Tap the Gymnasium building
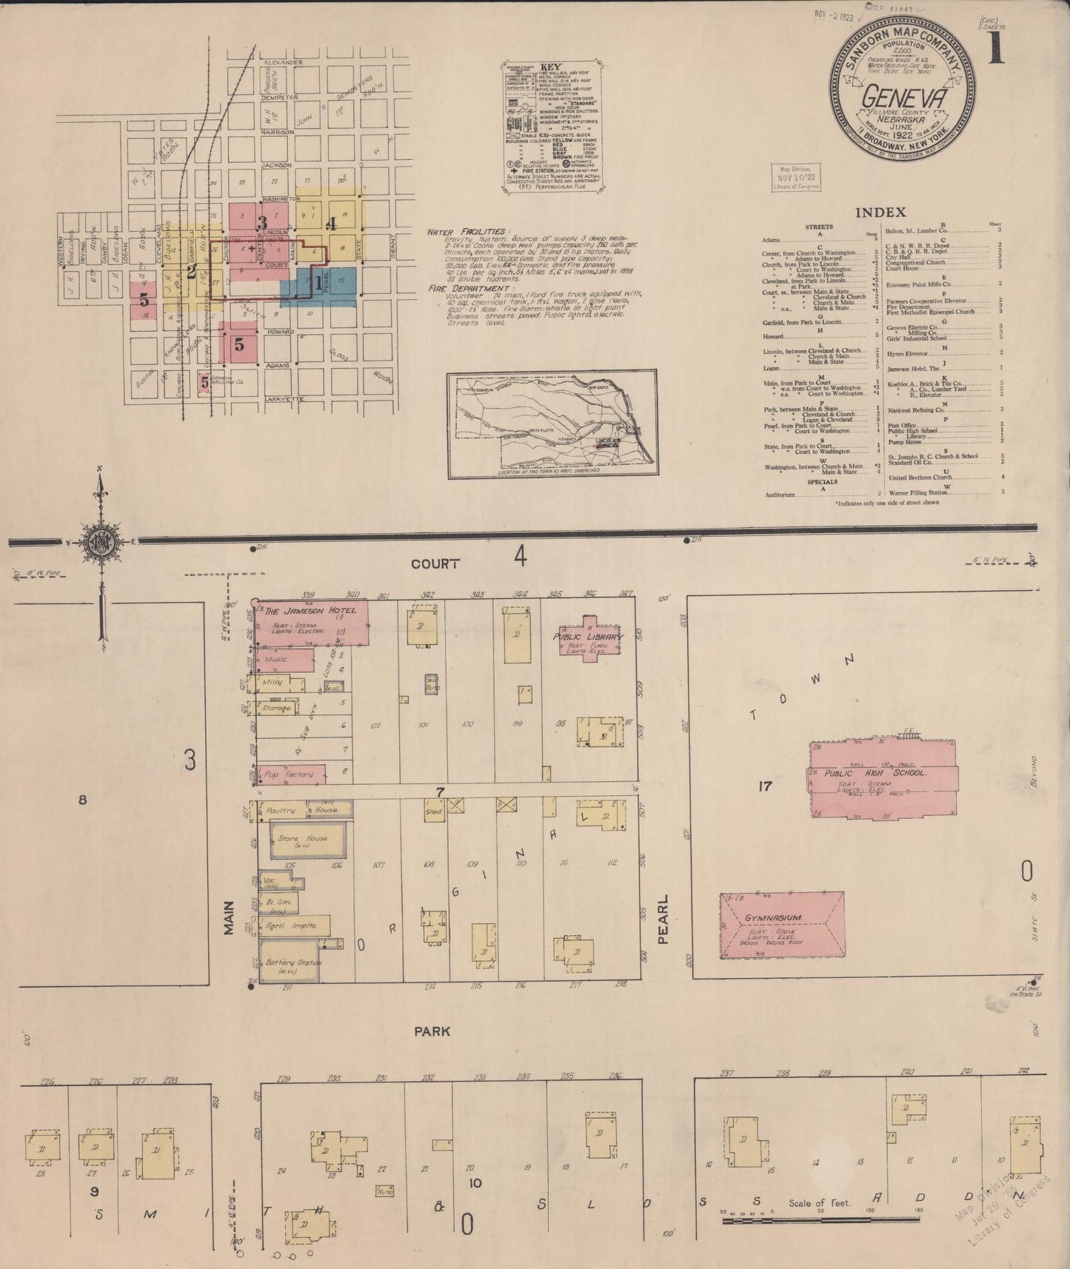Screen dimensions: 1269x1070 tap(782, 925)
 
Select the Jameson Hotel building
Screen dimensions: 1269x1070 tap(311, 622)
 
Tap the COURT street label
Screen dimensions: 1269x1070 tap(435, 563)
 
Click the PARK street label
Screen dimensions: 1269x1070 tap(432, 1031)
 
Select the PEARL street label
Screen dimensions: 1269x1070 tap(663, 919)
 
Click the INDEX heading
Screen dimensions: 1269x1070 tap(880, 212)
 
